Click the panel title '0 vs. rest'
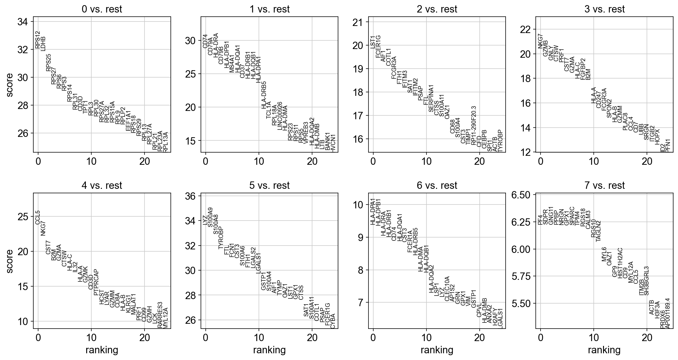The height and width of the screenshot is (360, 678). point(102,9)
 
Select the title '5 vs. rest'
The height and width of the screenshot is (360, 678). point(269,185)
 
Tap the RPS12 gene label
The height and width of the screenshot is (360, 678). point(38,40)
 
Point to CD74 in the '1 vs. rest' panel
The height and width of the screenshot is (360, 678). point(205,41)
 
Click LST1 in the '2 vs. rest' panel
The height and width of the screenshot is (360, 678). point(373,42)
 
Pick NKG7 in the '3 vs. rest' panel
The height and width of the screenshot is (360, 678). point(541,41)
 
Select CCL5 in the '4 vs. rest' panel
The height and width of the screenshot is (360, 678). point(38,218)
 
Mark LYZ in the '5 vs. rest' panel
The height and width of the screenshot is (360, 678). point(205,220)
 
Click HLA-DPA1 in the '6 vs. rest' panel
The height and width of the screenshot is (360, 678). point(373,212)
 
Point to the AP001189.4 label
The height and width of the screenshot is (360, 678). point(667,313)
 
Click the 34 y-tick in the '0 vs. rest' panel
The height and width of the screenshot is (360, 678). point(25,22)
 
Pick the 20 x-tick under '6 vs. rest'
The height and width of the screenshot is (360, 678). point(479,337)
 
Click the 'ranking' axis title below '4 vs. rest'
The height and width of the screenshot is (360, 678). point(102,350)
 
